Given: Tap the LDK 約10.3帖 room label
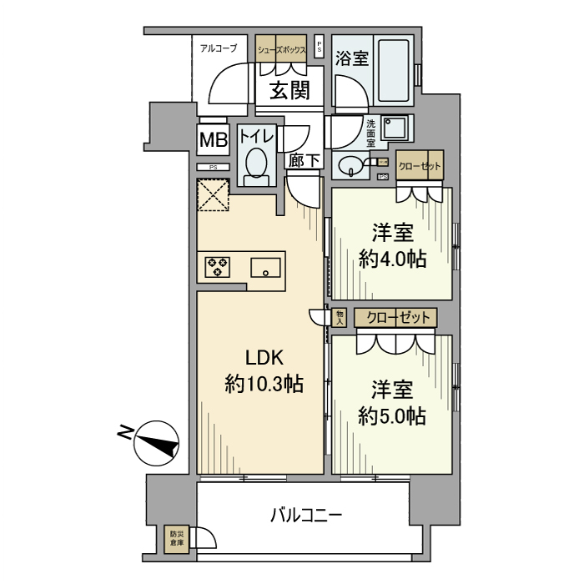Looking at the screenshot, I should click(x=264, y=371).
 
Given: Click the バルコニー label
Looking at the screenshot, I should click(x=305, y=515).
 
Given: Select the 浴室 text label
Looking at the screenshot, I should click(x=352, y=58).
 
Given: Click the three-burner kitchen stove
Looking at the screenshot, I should click(x=218, y=267).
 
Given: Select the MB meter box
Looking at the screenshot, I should click(x=213, y=141).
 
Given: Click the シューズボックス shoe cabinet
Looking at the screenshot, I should click(x=283, y=49).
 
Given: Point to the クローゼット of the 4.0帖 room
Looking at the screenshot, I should click(x=419, y=165).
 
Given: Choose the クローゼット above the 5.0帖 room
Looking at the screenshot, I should click(x=395, y=318).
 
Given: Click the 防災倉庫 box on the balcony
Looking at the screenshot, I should click(x=177, y=538).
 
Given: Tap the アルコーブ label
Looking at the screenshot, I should click(x=219, y=48).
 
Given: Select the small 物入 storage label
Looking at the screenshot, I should click(x=340, y=317).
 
